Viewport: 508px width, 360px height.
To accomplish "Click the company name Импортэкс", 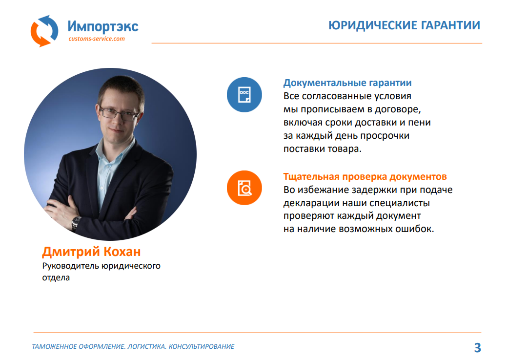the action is point(103,26).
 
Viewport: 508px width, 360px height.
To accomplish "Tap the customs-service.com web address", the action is point(97,39).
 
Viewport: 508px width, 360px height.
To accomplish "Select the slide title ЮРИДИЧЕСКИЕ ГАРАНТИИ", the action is point(404,25).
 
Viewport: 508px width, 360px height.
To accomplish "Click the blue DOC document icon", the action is point(244,95).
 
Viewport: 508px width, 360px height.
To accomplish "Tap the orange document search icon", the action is point(244,188).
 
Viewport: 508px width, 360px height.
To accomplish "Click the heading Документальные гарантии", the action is point(347,83).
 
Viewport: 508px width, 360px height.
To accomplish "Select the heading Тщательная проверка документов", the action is point(365,176).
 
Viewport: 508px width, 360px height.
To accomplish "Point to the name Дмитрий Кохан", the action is point(91,252).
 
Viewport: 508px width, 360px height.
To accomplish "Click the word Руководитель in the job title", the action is point(71,266).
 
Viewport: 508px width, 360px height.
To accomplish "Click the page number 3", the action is point(478,347).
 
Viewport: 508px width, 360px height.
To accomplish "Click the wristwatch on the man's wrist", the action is point(76,223).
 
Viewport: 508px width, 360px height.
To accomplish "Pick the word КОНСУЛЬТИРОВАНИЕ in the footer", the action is point(202,347).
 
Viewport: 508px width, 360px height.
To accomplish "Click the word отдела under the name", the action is point(56,278).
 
